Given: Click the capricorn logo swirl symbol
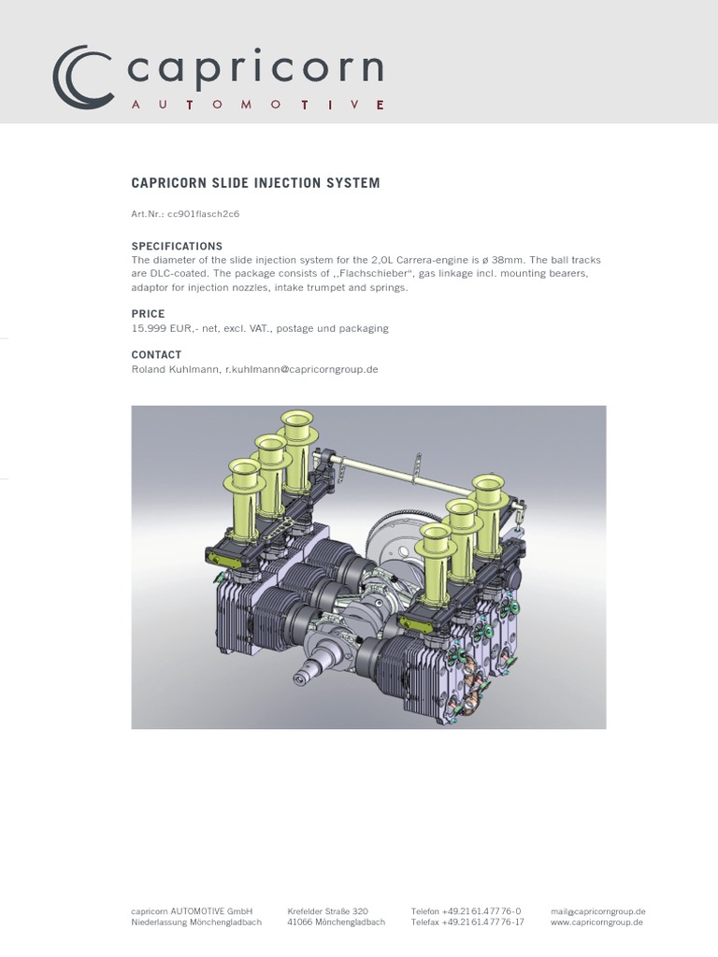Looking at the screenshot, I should tap(82, 77).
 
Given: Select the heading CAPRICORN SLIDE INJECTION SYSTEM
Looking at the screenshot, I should tap(255, 183).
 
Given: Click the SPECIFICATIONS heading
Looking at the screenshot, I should tap(177, 246).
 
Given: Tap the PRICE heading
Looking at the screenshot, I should tap(148, 314).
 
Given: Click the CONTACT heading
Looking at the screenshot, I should tap(156, 355).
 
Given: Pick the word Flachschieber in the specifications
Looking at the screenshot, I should tap(365, 273).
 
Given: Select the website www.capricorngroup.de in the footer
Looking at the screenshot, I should tap(596, 922).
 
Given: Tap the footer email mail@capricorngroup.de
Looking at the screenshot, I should tap(598, 911).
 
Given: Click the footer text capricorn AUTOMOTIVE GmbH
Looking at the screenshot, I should tap(192, 911).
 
